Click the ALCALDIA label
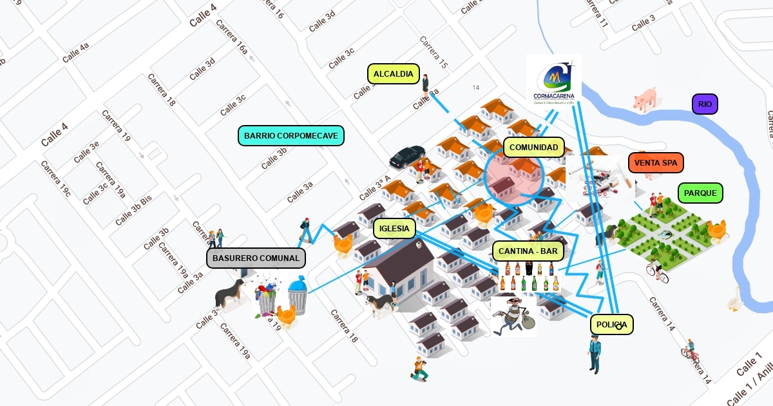point(394,74)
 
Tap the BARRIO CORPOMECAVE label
point(291,136)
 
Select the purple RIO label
point(705,104)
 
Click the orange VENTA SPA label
point(655,163)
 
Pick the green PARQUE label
point(700,193)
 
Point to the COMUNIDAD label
point(533,148)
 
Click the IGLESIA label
point(394,228)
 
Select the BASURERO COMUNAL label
point(256,258)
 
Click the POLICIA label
point(611,324)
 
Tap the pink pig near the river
point(645,100)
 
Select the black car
point(407,157)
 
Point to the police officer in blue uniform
point(594,354)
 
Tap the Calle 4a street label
point(75,52)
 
